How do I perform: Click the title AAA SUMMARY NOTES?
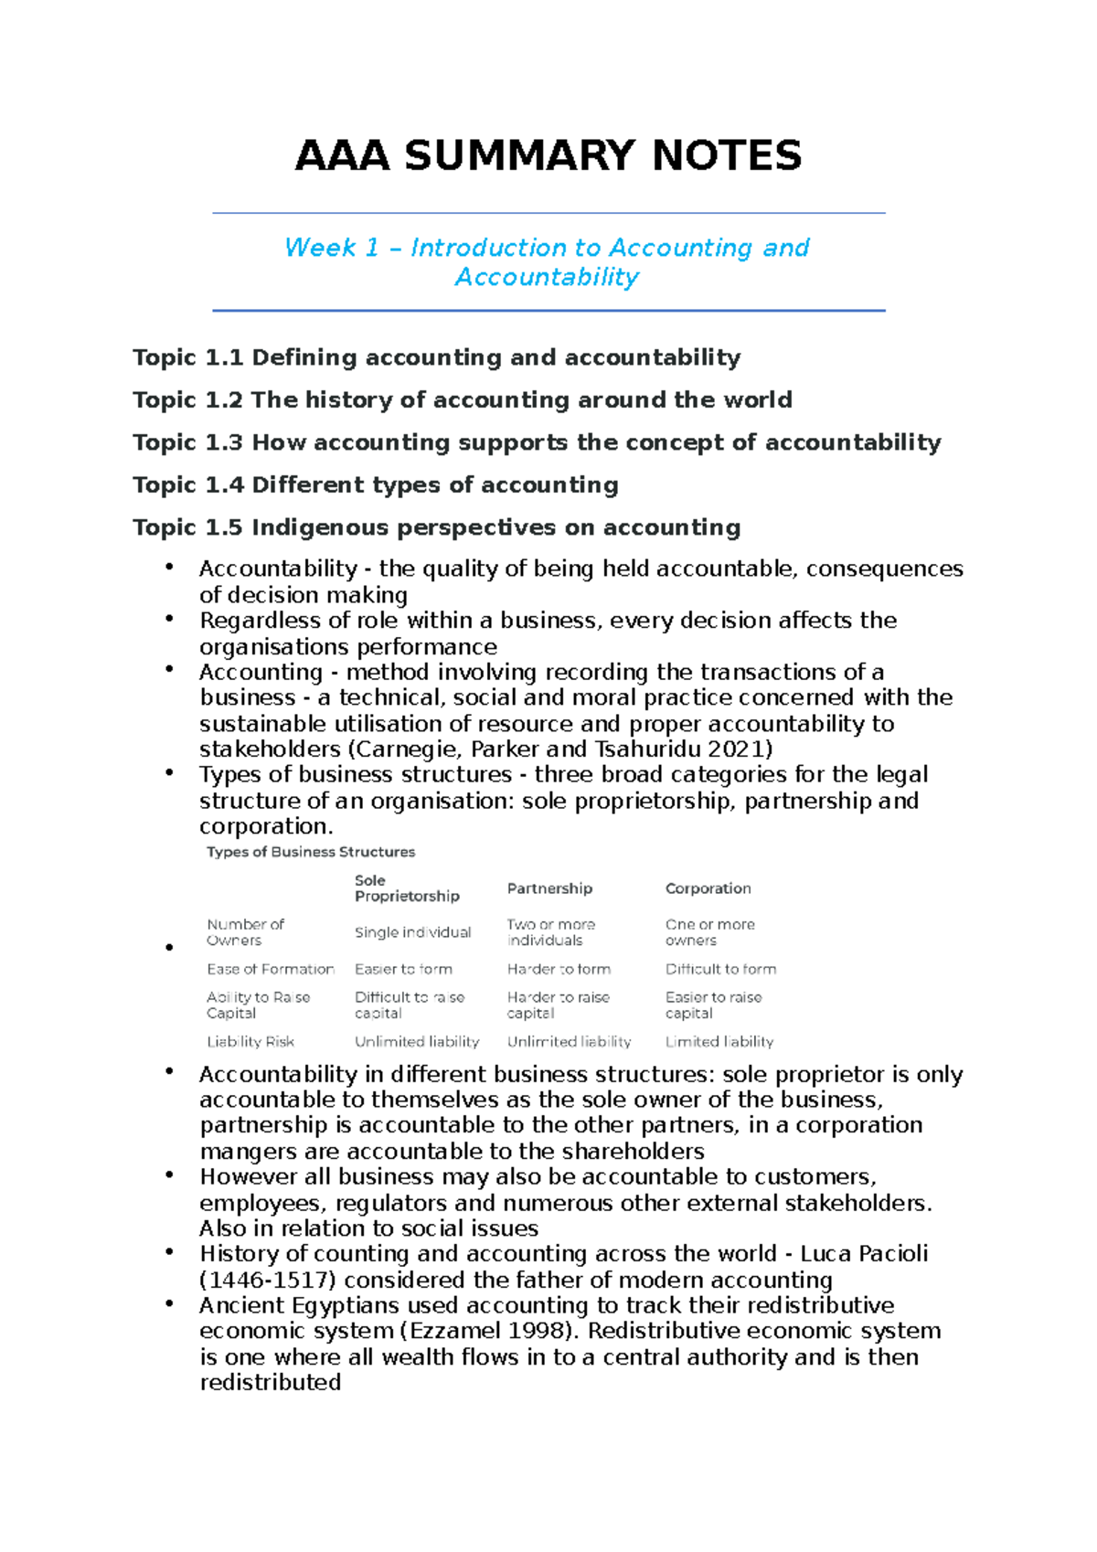coord(548,155)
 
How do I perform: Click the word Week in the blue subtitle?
coord(320,248)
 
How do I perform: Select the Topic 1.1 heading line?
coord(436,357)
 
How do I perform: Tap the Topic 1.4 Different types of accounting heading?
coord(375,484)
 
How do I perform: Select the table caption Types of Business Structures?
coord(311,852)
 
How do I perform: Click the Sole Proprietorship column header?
coord(407,888)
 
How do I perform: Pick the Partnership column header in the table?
coord(549,888)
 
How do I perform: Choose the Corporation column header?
coord(708,888)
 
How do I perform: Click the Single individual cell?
coord(412,932)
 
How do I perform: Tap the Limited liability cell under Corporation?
coord(719,1041)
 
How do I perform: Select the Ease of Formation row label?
coord(271,969)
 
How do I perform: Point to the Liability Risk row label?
coord(250,1041)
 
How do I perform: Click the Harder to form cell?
coord(559,969)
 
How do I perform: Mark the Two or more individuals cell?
coord(550,932)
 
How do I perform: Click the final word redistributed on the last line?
coord(271,1382)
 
